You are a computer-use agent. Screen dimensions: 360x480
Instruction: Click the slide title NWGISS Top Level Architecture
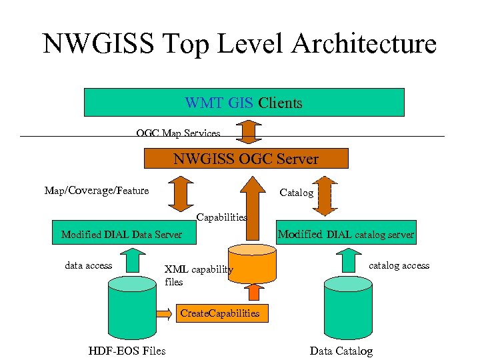pyautogui.click(x=239, y=44)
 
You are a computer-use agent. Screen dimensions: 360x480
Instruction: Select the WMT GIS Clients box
pyautogui.click(x=244, y=103)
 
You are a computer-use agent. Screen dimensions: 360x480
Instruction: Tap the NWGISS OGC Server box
pyautogui.click(x=246, y=159)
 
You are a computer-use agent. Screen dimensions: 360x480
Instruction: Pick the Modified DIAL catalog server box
pyautogui.click(x=345, y=234)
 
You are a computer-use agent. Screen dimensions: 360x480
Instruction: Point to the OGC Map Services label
pyautogui.click(x=178, y=133)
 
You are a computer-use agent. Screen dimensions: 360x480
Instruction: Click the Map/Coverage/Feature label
pyautogui.click(x=97, y=191)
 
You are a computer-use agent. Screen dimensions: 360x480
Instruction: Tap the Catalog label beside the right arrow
pyautogui.click(x=296, y=193)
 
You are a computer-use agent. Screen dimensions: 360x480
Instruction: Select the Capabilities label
pyautogui.click(x=221, y=217)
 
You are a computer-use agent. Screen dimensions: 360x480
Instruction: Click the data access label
pyautogui.click(x=89, y=265)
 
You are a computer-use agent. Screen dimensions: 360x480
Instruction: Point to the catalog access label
pyautogui.click(x=399, y=265)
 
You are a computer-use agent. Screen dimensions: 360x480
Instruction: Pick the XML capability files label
pyautogui.click(x=198, y=275)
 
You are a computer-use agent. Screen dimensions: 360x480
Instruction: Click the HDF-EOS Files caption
pyautogui.click(x=127, y=351)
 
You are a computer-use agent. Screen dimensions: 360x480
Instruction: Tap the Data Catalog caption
pyautogui.click(x=341, y=351)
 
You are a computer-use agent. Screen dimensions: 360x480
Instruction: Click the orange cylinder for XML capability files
pyautogui.click(x=251, y=263)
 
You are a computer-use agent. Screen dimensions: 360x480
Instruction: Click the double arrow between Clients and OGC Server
pyautogui.click(x=248, y=131)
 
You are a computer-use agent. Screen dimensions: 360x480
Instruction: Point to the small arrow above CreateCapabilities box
pyautogui.click(x=253, y=292)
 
